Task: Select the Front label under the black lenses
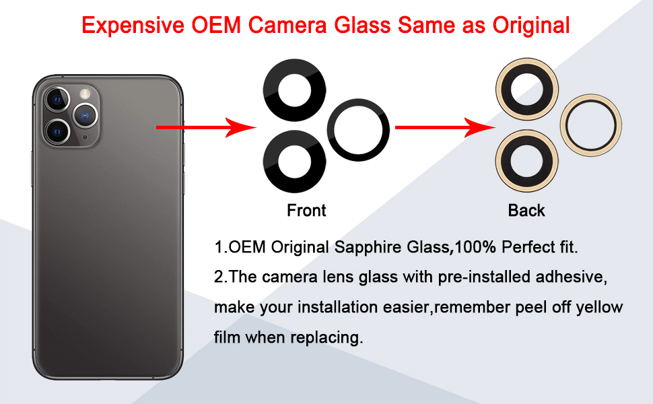pyautogui.click(x=306, y=211)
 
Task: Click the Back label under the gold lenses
pyautogui.click(x=526, y=211)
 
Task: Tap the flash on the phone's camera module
pyautogui.click(x=85, y=93)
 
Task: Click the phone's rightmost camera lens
pyautogui.click(x=85, y=115)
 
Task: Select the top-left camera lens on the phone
pyautogui.click(x=58, y=100)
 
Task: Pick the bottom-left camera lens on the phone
pyautogui.click(x=59, y=129)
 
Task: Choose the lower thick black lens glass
pyautogui.click(x=294, y=162)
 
